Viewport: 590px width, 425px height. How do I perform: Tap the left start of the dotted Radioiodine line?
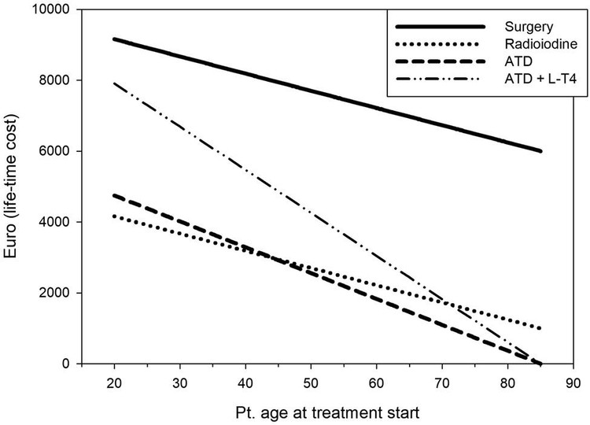tap(116, 216)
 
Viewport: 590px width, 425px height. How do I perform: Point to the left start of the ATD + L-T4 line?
tap(116, 83)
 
